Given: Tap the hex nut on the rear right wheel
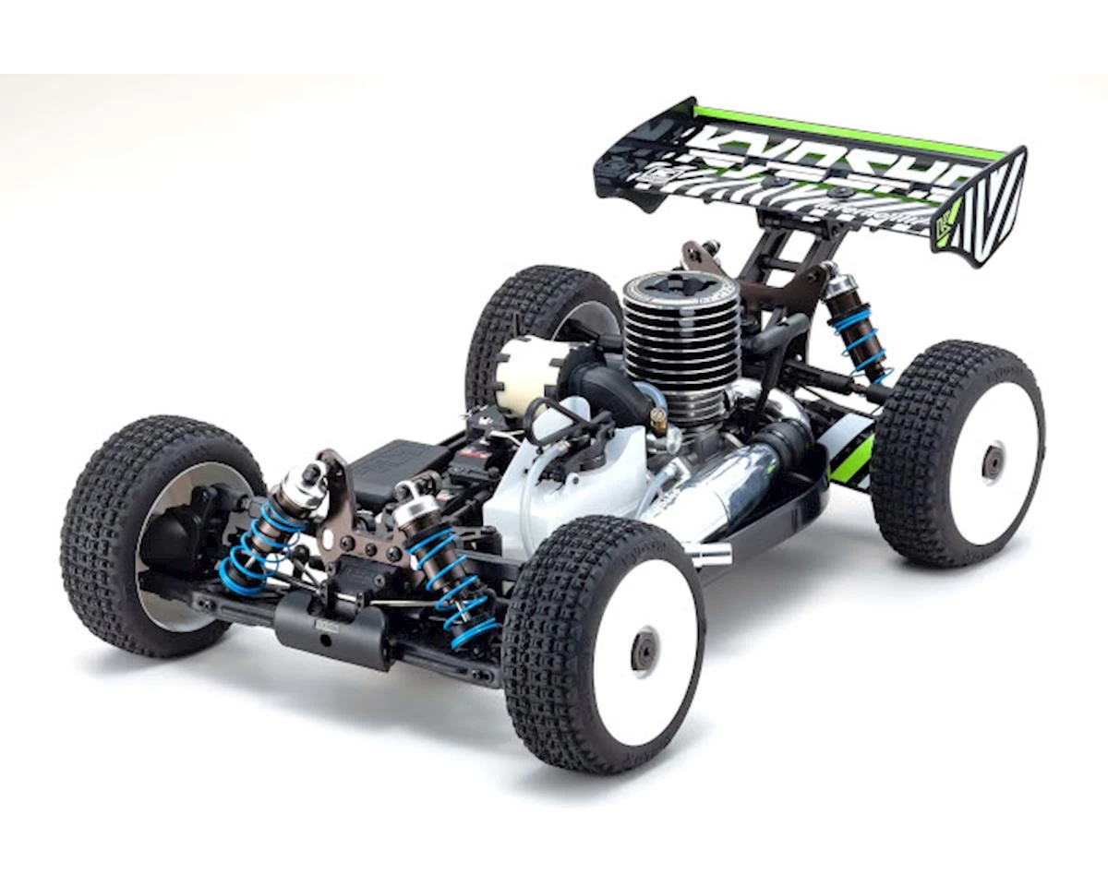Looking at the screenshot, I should (x=994, y=461).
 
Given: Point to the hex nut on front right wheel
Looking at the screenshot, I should (x=644, y=651).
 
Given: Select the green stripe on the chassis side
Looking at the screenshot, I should (x=854, y=457).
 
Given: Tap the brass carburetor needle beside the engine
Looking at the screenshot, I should (x=657, y=420).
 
